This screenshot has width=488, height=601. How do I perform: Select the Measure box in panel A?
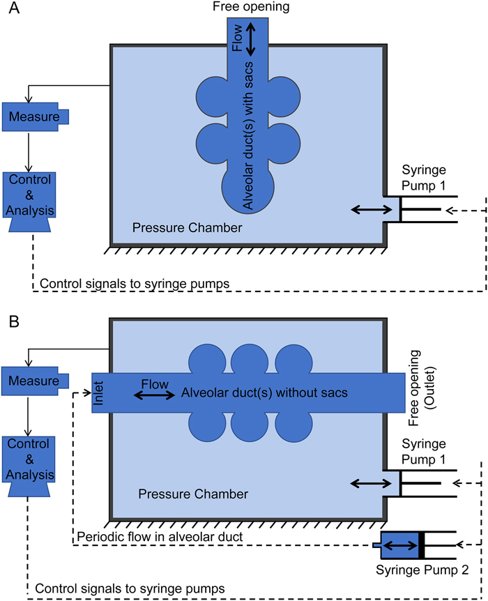33,116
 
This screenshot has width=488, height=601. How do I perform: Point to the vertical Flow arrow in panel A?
251,39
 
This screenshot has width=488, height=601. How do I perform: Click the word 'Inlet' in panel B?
98,393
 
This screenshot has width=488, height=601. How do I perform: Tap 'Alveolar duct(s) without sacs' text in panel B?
264,393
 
